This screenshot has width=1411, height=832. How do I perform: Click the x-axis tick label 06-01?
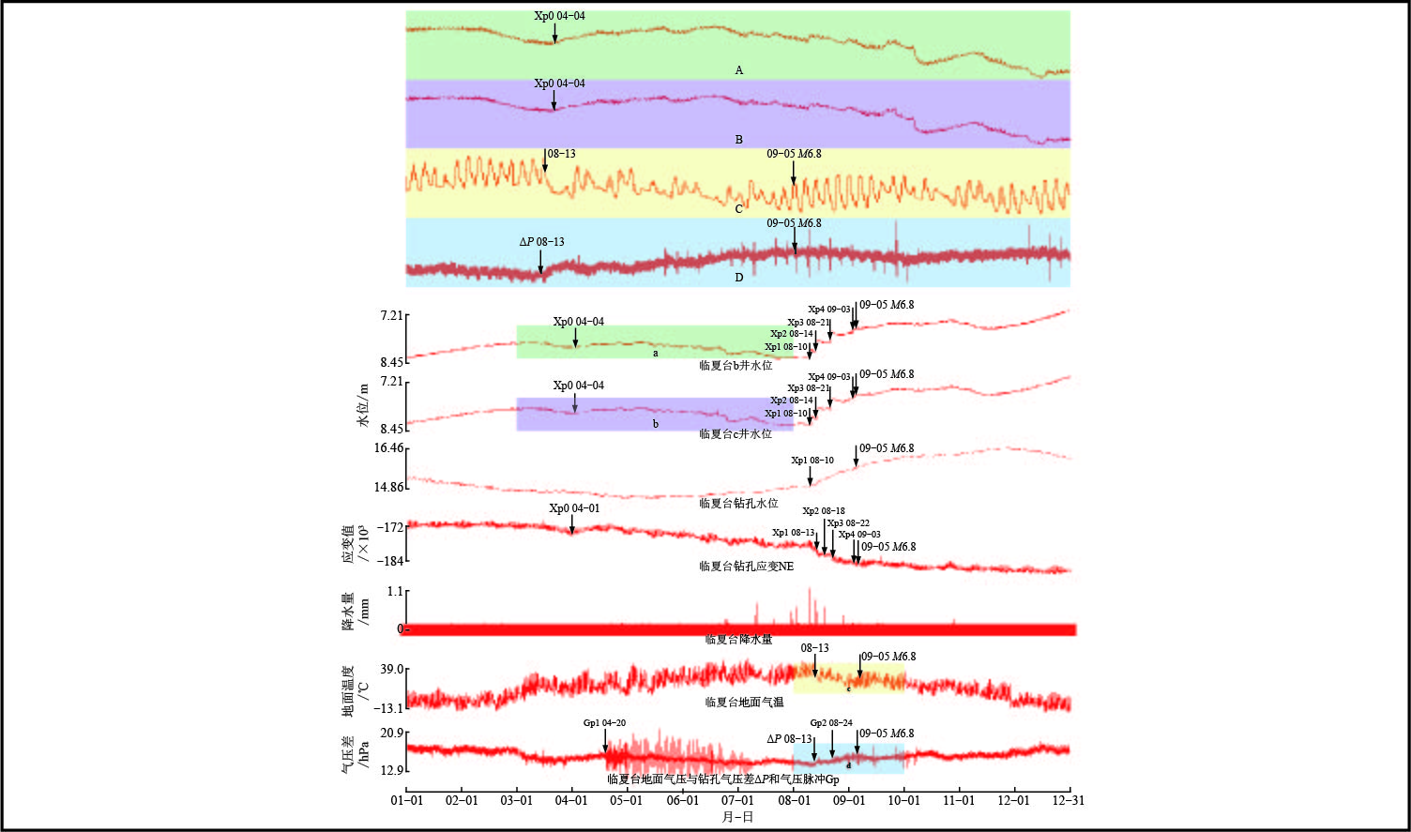tap(682, 801)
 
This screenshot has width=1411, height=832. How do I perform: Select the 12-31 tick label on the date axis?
tap(1070, 801)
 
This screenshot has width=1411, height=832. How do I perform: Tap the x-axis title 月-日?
tap(737, 817)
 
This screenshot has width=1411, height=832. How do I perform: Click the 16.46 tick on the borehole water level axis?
tap(388, 448)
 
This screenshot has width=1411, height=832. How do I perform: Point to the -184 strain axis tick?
tap(391, 561)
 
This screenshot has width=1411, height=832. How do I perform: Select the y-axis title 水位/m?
tap(363, 405)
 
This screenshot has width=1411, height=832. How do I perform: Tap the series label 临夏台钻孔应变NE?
tap(746, 567)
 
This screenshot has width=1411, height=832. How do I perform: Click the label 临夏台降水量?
tap(738, 640)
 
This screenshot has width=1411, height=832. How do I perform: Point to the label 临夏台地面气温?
tap(744, 702)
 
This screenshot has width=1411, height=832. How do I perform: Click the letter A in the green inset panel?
tap(739, 70)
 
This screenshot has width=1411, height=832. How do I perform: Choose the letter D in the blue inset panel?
tap(739, 277)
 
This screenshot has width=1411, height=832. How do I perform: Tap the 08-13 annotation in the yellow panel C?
tap(561, 154)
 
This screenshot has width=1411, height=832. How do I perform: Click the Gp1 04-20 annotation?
tap(604, 723)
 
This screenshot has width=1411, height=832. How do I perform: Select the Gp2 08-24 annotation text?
tap(831, 723)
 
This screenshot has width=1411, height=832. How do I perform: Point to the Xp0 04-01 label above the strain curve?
tap(574, 508)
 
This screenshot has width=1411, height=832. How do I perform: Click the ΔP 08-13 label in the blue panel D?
tap(541, 242)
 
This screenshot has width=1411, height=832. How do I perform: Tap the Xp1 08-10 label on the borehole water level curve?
tap(812, 461)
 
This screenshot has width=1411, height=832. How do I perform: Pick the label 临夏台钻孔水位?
tap(738, 504)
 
